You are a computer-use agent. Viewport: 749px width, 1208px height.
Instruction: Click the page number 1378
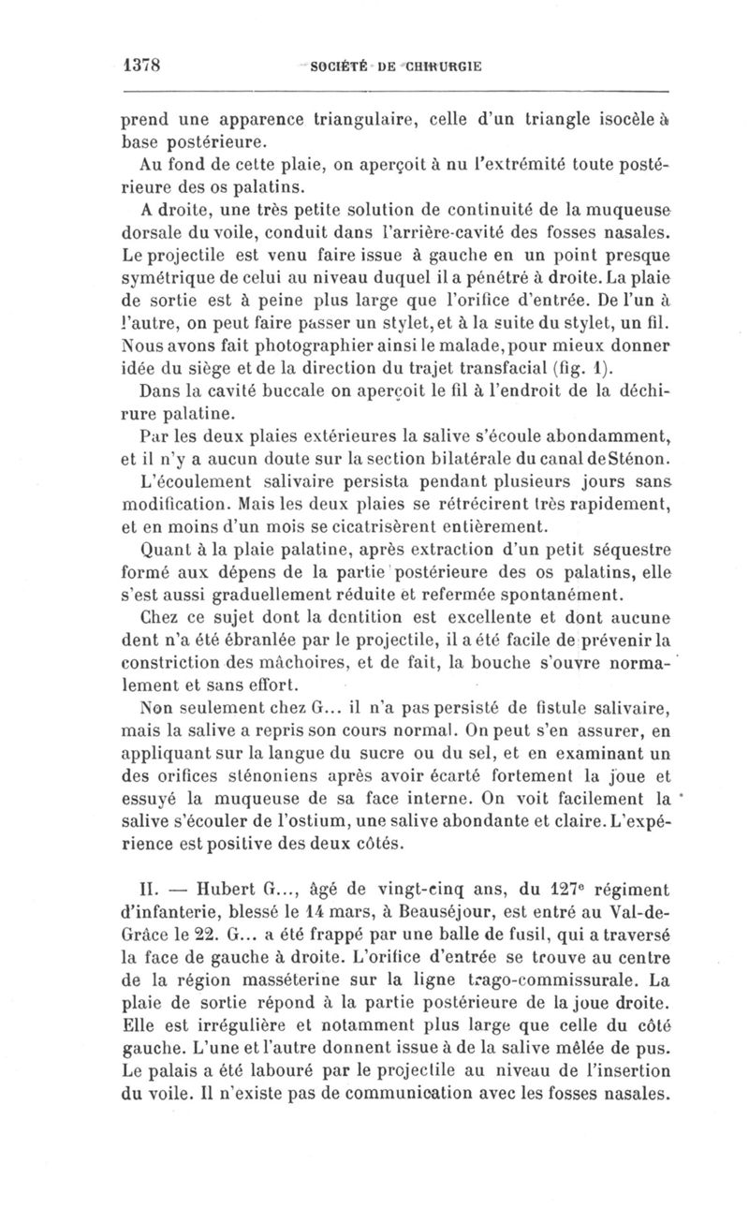(x=144, y=66)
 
